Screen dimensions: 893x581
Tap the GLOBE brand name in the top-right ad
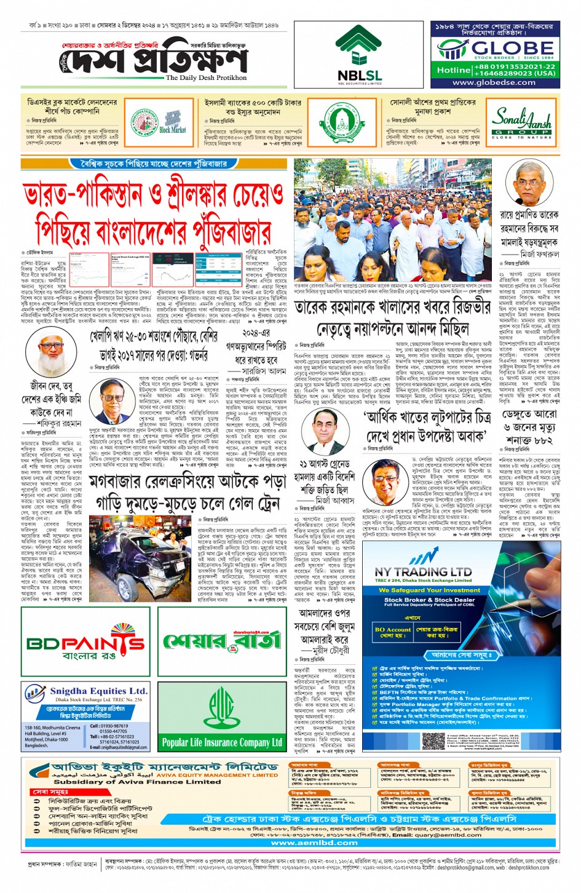(504, 48)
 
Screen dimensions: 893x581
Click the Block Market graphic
(172, 122)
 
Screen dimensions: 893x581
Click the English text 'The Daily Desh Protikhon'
(206, 77)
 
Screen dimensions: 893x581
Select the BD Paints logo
(85, 644)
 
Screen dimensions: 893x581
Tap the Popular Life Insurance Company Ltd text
(222, 742)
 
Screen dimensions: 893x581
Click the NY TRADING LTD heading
(423, 571)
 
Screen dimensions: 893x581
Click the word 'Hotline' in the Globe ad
(453, 70)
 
